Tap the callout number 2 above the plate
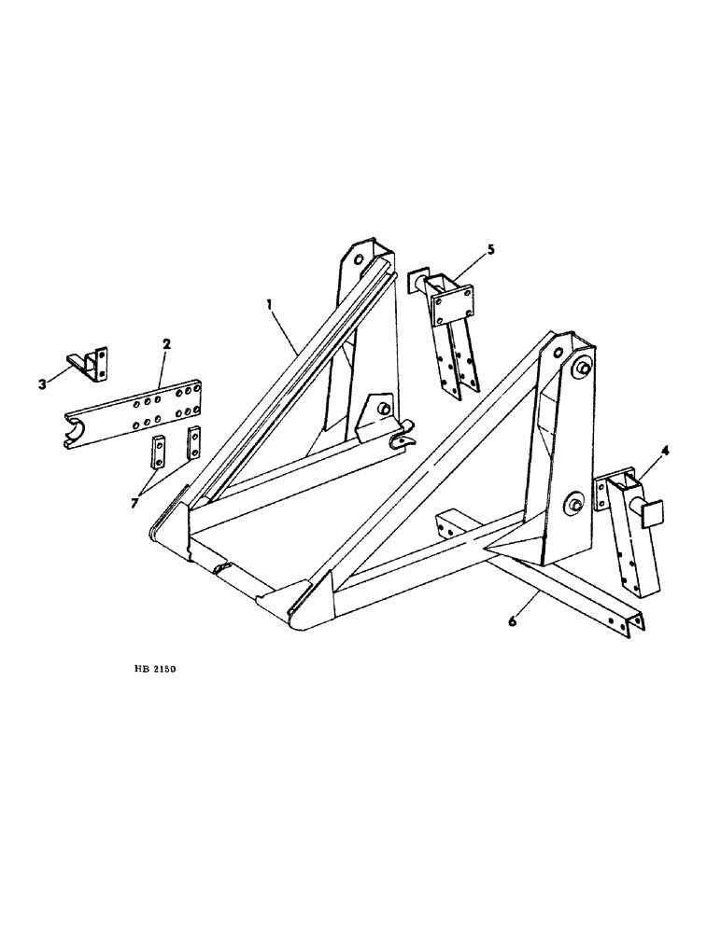[x=166, y=345]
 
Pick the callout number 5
[x=491, y=250]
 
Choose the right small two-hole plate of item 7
[x=194, y=441]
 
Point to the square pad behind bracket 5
[x=416, y=280]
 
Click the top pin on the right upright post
[x=581, y=369]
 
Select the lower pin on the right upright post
[x=571, y=504]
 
